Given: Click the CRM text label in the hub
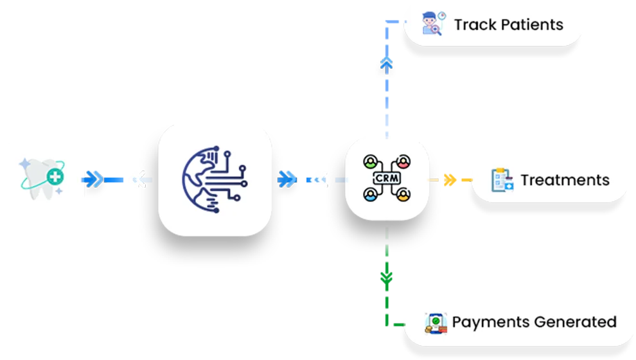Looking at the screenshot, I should pyautogui.click(x=385, y=177).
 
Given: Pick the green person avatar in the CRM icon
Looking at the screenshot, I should pyautogui.click(x=369, y=161).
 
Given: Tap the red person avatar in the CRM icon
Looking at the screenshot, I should pyautogui.click(x=403, y=161).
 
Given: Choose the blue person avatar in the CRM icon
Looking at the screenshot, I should pyautogui.click(x=369, y=194).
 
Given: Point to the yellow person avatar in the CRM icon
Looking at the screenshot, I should pyautogui.click(x=403, y=194).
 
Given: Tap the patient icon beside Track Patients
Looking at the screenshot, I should pyautogui.click(x=432, y=24).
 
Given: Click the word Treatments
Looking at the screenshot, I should pyautogui.click(x=565, y=180).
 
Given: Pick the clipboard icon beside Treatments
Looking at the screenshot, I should pyautogui.click(x=502, y=180).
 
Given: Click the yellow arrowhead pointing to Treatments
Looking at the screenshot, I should pyautogui.click(x=450, y=179).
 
